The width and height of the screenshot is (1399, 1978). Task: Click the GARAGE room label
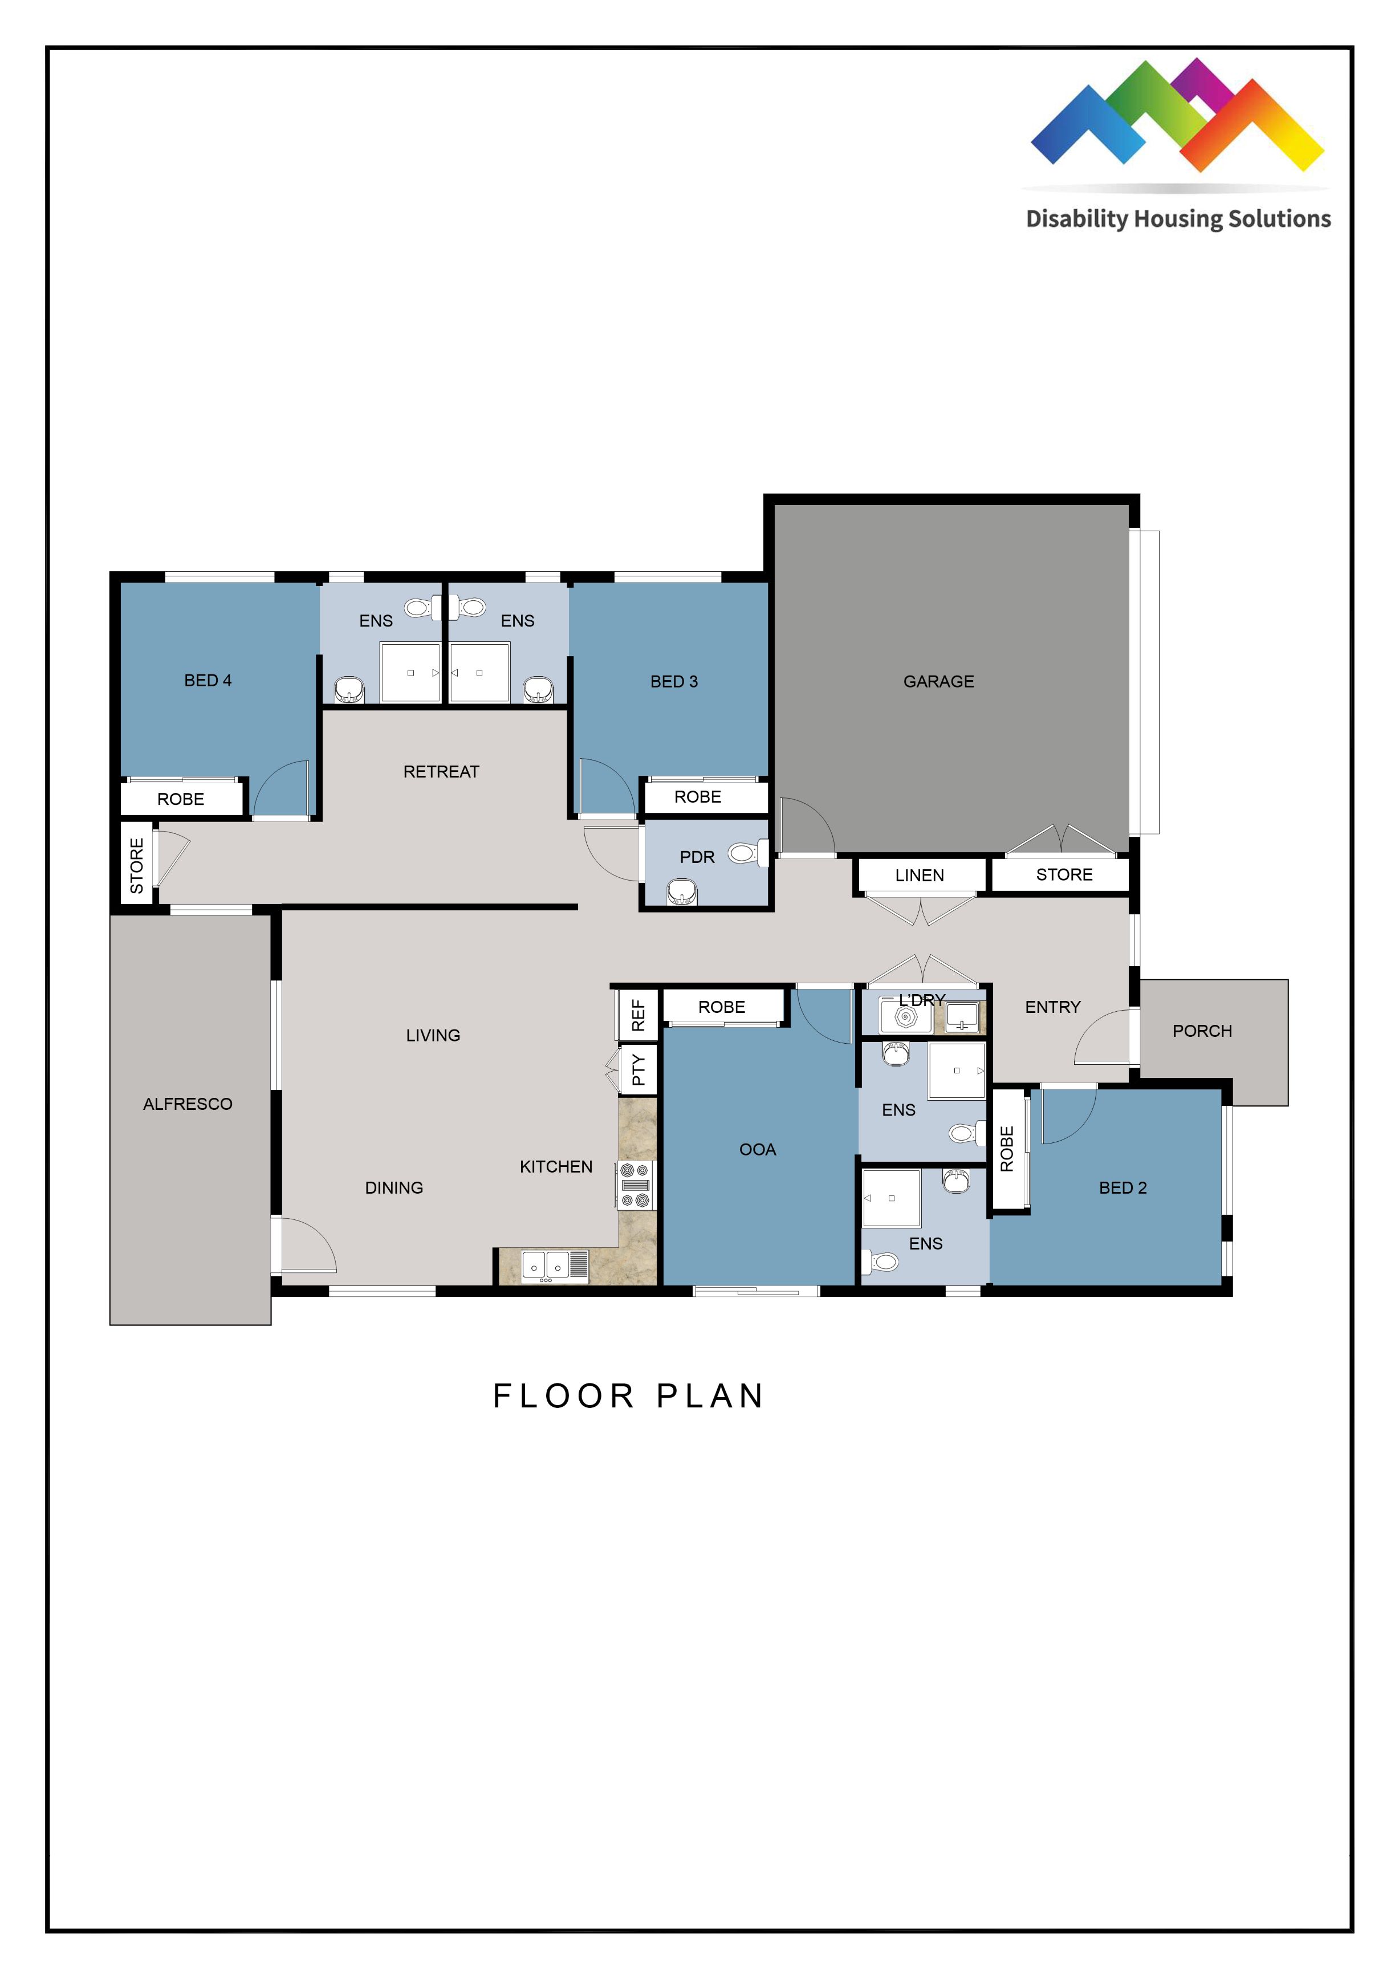pos(938,681)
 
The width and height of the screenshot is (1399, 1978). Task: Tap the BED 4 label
pos(208,681)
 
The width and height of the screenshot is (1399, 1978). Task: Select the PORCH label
pos(1202,1031)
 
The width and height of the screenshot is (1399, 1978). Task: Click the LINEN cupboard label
pos(919,876)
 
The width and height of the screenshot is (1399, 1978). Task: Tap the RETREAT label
pos(441,772)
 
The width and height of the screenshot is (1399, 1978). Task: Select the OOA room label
pos(757,1149)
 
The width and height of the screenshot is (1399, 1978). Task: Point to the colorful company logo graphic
pos(1177,116)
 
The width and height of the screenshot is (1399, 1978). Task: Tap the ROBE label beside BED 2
pos(1006,1149)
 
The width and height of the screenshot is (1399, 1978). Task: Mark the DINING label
pos(394,1188)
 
